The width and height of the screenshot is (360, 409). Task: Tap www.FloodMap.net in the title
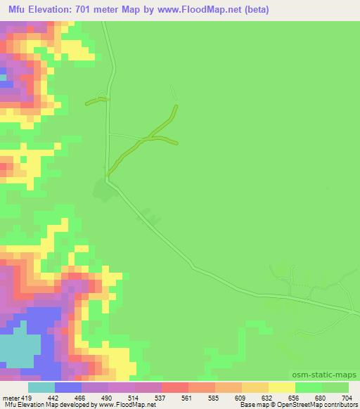[x=202, y=9]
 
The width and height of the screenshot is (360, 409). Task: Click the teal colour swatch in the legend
[x=41, y=387]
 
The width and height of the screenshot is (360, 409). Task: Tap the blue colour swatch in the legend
[x=67, y=387]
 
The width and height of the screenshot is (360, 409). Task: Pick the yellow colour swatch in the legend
[x=281, y=387]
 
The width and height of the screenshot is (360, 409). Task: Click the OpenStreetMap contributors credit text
[x=318, y=405]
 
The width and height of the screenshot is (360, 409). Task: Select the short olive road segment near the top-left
[x=96, y=100]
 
